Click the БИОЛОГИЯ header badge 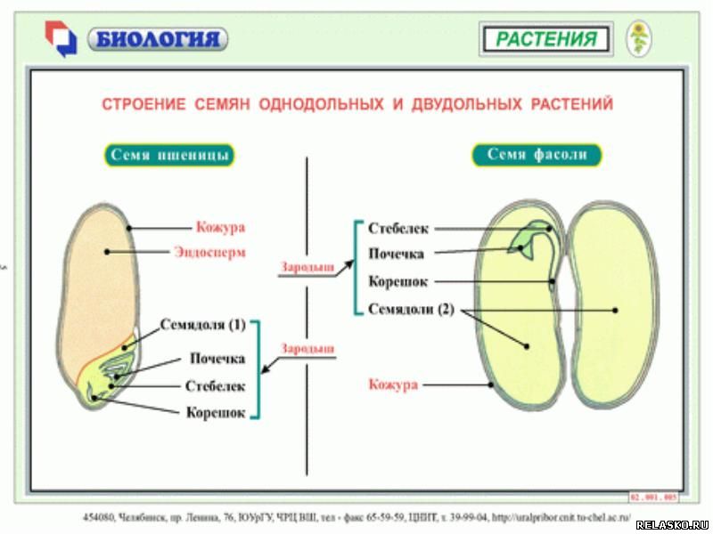[x=158, y=39]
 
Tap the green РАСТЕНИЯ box [x=545, y=39]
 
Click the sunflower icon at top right [x=638, y=38]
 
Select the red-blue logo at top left [x=61, y=38]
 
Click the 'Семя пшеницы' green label [x=170, y=155]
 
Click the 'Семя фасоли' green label [x=537, y=155]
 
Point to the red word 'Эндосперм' [x=209, y=251]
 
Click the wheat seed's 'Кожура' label [x=220, y=227]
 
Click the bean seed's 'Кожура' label [x=393, y=384]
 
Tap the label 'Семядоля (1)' [x=203, y=324]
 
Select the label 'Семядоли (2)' [x=412, y=309]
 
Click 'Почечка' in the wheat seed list [x=217, y=359]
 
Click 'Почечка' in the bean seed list [x=396, y=255]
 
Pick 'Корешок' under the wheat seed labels [x=215, y=413]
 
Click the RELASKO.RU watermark [x=671, y=525]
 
